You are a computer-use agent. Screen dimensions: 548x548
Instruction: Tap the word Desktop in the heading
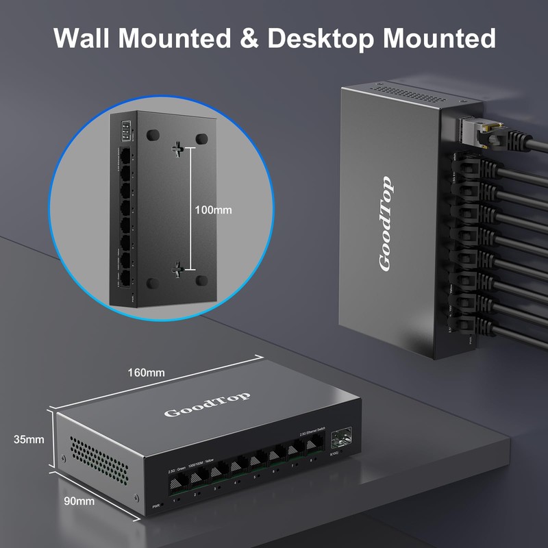click(320, 38)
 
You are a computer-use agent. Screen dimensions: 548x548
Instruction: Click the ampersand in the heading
click(251, 38)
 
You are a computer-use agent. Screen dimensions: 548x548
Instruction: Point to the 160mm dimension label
click(146, 373)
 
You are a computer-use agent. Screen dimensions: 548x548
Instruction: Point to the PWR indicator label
click(155, 508)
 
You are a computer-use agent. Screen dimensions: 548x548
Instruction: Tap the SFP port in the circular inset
click(125, 129)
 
